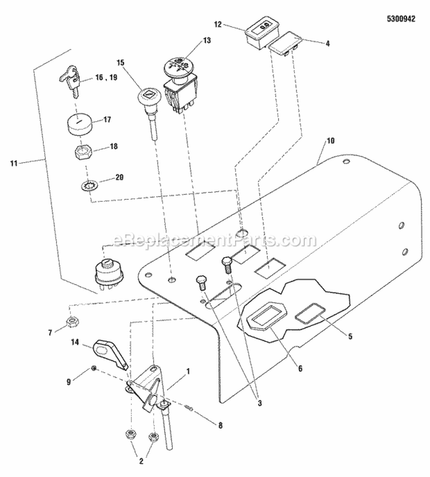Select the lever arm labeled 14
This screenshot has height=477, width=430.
(x=110, y=353)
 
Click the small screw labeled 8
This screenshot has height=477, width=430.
(x=191, y=409)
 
